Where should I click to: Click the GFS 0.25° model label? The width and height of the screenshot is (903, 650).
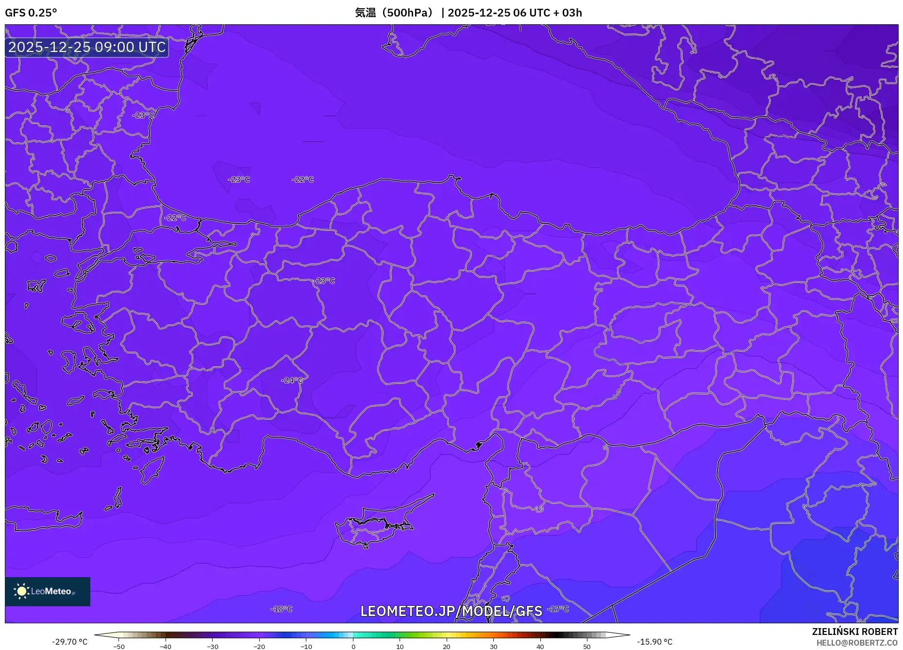click(x=31, y=13)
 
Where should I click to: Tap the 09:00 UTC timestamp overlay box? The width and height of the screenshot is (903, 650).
click(x=87, y=47)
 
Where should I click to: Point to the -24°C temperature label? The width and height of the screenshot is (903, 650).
click(x=292, y=380)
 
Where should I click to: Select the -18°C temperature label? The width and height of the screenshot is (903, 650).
click(x=282, y=609)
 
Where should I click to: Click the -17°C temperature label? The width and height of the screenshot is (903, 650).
click(x=558, y=609)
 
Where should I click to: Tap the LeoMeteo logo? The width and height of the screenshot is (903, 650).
click(x=48, y=591)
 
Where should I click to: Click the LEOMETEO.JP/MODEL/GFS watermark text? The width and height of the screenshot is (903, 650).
click(x=451, y=611)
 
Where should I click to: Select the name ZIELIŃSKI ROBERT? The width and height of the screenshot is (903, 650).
click(x=854, y=632)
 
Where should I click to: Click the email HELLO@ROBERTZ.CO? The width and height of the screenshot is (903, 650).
click(x=856, y=643)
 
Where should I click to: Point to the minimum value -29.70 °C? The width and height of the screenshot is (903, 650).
click(x=70, y=642)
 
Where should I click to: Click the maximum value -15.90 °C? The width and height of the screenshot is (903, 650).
click(x=654, y=642)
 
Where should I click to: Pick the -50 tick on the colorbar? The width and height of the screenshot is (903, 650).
click(x=119, y=647)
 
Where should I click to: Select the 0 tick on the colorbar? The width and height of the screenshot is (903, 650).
click(x=353, y=647)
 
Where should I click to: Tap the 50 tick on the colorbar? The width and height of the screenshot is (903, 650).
click(x=587, y=647)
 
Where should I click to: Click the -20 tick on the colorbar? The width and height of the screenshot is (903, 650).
click(x=259, y=647)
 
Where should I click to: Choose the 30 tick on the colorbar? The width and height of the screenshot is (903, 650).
click(x=493, y=647)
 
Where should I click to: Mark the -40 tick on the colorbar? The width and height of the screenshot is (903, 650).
click(x=166, y=647)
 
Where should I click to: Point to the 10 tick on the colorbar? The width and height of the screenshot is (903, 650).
click(x=400, y=647)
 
